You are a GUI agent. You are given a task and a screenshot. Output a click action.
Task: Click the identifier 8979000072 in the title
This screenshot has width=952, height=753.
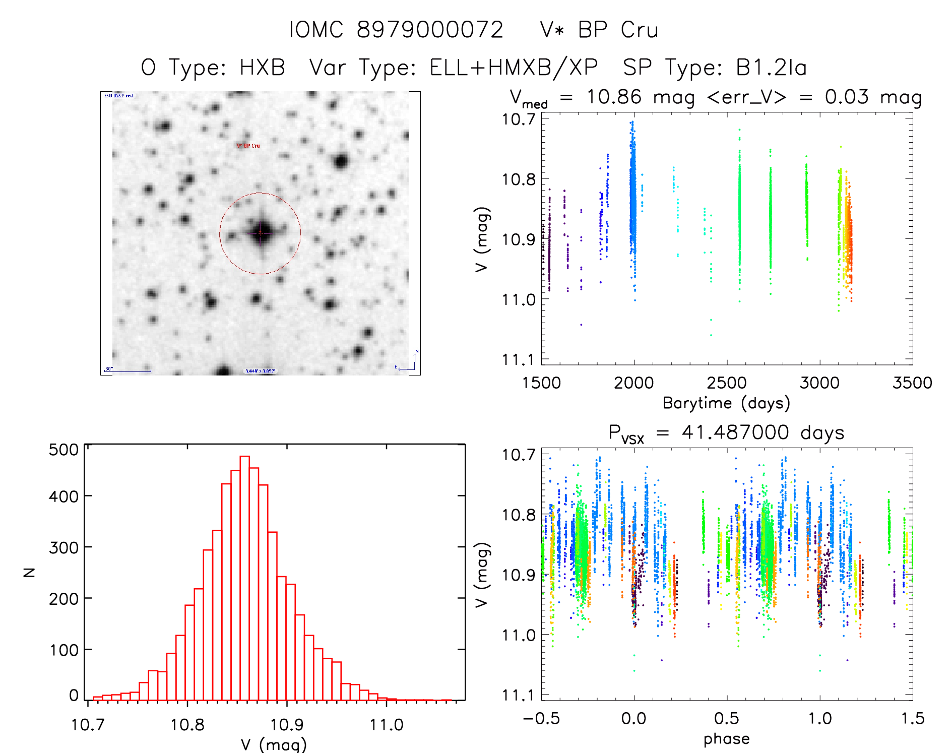430,30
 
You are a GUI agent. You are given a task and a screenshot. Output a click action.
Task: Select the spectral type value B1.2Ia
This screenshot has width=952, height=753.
772,68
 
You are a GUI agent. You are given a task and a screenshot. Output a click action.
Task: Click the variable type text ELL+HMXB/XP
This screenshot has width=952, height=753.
514,68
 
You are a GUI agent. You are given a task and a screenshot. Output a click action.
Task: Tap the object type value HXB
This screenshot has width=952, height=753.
262,68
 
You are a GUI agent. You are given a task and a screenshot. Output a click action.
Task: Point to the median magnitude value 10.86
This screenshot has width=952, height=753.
614,97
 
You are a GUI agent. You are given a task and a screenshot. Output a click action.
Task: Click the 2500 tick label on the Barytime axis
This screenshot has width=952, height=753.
727,383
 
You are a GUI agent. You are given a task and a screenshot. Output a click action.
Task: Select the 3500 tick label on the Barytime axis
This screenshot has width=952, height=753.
912,383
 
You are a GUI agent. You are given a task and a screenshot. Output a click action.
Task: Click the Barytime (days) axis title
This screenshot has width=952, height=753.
726,403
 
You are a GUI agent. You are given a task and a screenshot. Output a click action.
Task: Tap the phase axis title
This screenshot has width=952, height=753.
726,739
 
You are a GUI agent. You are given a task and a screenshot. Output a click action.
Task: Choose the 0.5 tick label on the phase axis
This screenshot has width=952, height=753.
727,719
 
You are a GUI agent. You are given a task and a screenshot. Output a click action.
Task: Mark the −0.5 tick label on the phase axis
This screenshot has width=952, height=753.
541,719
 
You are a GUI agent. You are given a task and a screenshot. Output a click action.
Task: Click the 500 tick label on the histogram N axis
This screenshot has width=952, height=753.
64,450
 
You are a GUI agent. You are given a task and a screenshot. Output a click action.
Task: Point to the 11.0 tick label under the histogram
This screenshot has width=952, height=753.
387,725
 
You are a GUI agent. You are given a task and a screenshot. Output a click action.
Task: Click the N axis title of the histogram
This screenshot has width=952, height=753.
29,572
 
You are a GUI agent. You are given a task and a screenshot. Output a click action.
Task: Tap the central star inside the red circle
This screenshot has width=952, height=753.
260,233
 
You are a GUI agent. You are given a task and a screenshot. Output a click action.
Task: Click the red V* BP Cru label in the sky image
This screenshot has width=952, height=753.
248,146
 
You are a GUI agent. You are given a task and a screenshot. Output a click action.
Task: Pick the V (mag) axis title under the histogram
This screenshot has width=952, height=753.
274,744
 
